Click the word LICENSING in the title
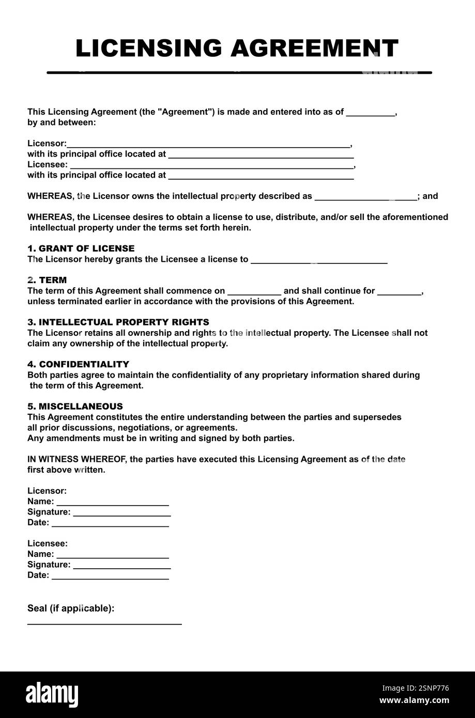(x=148, y=49)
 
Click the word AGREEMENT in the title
(x=314, y=49)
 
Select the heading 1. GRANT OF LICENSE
(x=81, y=248)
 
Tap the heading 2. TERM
(x=47, y=280)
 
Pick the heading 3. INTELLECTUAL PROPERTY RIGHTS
(x=118, y=322)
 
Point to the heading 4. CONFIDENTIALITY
(x=78, y=364)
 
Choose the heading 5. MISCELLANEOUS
(x=75, y=407)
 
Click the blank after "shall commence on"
(x=254, y=292)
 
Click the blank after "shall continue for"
(x=399, y=292)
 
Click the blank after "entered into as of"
(x=370, y=113)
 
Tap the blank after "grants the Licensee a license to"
(x=318, y=260)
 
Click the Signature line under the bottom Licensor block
(x=122, y=513)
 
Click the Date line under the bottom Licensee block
(x=110, y=576)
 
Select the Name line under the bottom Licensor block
(x=113, y=503)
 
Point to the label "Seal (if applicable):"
(x=71, y=608)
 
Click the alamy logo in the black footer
(x=52, y=694)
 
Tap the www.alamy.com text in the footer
(x=414, y=700)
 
